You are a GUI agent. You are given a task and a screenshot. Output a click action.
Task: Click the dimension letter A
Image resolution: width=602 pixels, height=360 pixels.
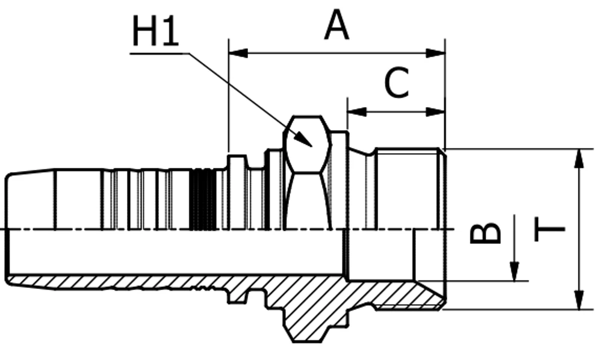(337, 25)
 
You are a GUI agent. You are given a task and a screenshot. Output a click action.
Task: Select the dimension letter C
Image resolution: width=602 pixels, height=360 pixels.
(397, 82)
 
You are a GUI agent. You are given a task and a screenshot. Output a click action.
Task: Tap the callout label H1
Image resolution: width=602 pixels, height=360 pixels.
(155, 31)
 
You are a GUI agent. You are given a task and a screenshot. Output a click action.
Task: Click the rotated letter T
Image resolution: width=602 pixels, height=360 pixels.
(550, 229)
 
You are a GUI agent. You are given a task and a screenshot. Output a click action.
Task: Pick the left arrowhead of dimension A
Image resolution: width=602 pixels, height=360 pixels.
(238, 53)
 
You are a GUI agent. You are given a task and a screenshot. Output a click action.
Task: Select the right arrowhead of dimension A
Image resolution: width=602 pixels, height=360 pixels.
(436, 53)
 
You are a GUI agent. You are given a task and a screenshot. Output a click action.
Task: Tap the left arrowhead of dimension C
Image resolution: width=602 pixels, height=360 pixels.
(357, 112)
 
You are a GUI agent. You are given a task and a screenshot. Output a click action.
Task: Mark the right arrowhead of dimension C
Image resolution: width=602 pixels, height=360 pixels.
(436, 112)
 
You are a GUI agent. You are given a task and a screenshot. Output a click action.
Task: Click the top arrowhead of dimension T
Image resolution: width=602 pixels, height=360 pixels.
(579, 158)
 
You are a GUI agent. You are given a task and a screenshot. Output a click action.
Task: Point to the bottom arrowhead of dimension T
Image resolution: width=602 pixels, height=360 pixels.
(579, 300)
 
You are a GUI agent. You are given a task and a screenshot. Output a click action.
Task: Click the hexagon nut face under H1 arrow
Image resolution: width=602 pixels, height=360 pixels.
(307, 144)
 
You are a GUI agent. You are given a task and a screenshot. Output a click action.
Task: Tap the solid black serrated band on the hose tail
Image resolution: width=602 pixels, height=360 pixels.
(203, 199)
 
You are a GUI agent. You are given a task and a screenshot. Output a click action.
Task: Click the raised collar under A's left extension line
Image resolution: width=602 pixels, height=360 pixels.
(237, 192)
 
